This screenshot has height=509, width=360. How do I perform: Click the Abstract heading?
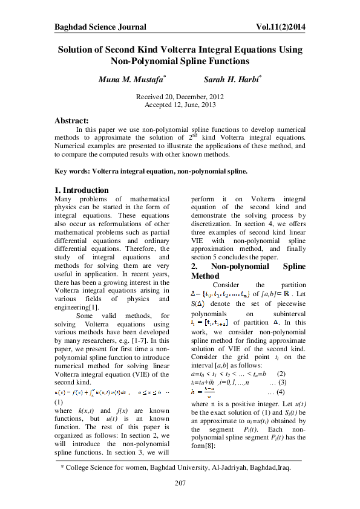(x=71, y=120)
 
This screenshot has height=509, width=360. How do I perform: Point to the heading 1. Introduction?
(x=82, y=190)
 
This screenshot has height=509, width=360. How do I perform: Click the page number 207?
(x=180, y=482)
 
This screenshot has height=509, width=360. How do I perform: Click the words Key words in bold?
(x=73, y=171)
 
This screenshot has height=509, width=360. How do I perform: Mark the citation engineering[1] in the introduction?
(x=76, y=307)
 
